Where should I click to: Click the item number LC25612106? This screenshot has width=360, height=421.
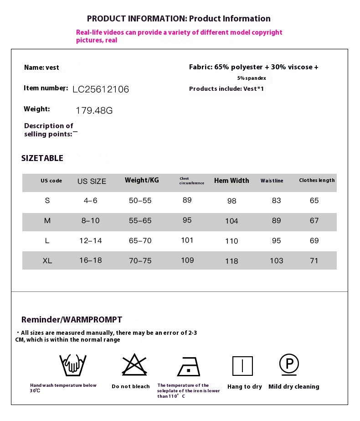pos(101,89)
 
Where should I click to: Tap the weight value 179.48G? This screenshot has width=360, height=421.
pos(94,110)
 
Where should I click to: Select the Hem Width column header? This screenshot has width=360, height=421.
pos(231,181)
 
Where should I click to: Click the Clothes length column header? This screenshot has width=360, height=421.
pos(317,180)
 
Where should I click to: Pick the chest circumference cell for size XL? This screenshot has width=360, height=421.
pos(187,260)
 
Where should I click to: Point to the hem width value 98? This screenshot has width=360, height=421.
pos(231,201)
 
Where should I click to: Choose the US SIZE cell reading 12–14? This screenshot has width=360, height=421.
pos(90,240)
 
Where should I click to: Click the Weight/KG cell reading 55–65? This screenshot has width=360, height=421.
pos(140,220)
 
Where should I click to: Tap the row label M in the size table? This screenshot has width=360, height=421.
pos(47,221)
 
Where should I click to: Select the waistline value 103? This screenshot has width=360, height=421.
pos(276,260)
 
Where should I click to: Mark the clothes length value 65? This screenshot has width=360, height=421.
pos(314,201)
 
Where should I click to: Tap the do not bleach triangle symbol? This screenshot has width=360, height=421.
pos(134,364)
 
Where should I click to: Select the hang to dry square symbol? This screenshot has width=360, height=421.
pos(242,366)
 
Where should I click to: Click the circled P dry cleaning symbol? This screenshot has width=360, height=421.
pos(289,364)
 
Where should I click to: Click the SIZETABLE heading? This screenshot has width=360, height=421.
pos(42,158)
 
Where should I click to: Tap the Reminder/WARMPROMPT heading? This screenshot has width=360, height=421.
pos(72,320)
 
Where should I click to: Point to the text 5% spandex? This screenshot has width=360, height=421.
pos(252,78)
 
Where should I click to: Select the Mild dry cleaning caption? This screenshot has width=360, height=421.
pos(293,387)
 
